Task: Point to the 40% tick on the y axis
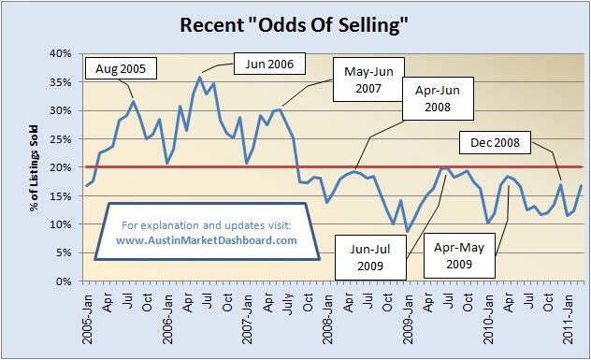point(60,53)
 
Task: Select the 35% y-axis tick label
point(60,82)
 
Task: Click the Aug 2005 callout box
point(121,68)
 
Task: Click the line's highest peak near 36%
point(199,77)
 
